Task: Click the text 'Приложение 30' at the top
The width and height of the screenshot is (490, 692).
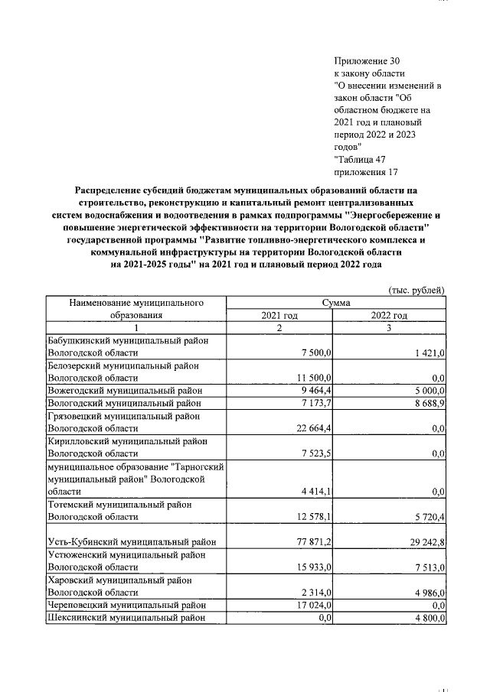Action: click(x=367, y=60)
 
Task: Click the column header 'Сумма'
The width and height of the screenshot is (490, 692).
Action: click(x=336, y=304)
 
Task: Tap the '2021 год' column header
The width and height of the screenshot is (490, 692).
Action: click(x=279, y=316)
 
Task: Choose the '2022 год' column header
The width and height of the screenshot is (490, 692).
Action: click(x=389, y=316)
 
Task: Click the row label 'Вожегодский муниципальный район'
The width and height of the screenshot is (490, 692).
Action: click(x=124, y=390)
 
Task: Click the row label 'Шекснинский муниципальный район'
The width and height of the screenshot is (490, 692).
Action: click(x=124, y=618)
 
